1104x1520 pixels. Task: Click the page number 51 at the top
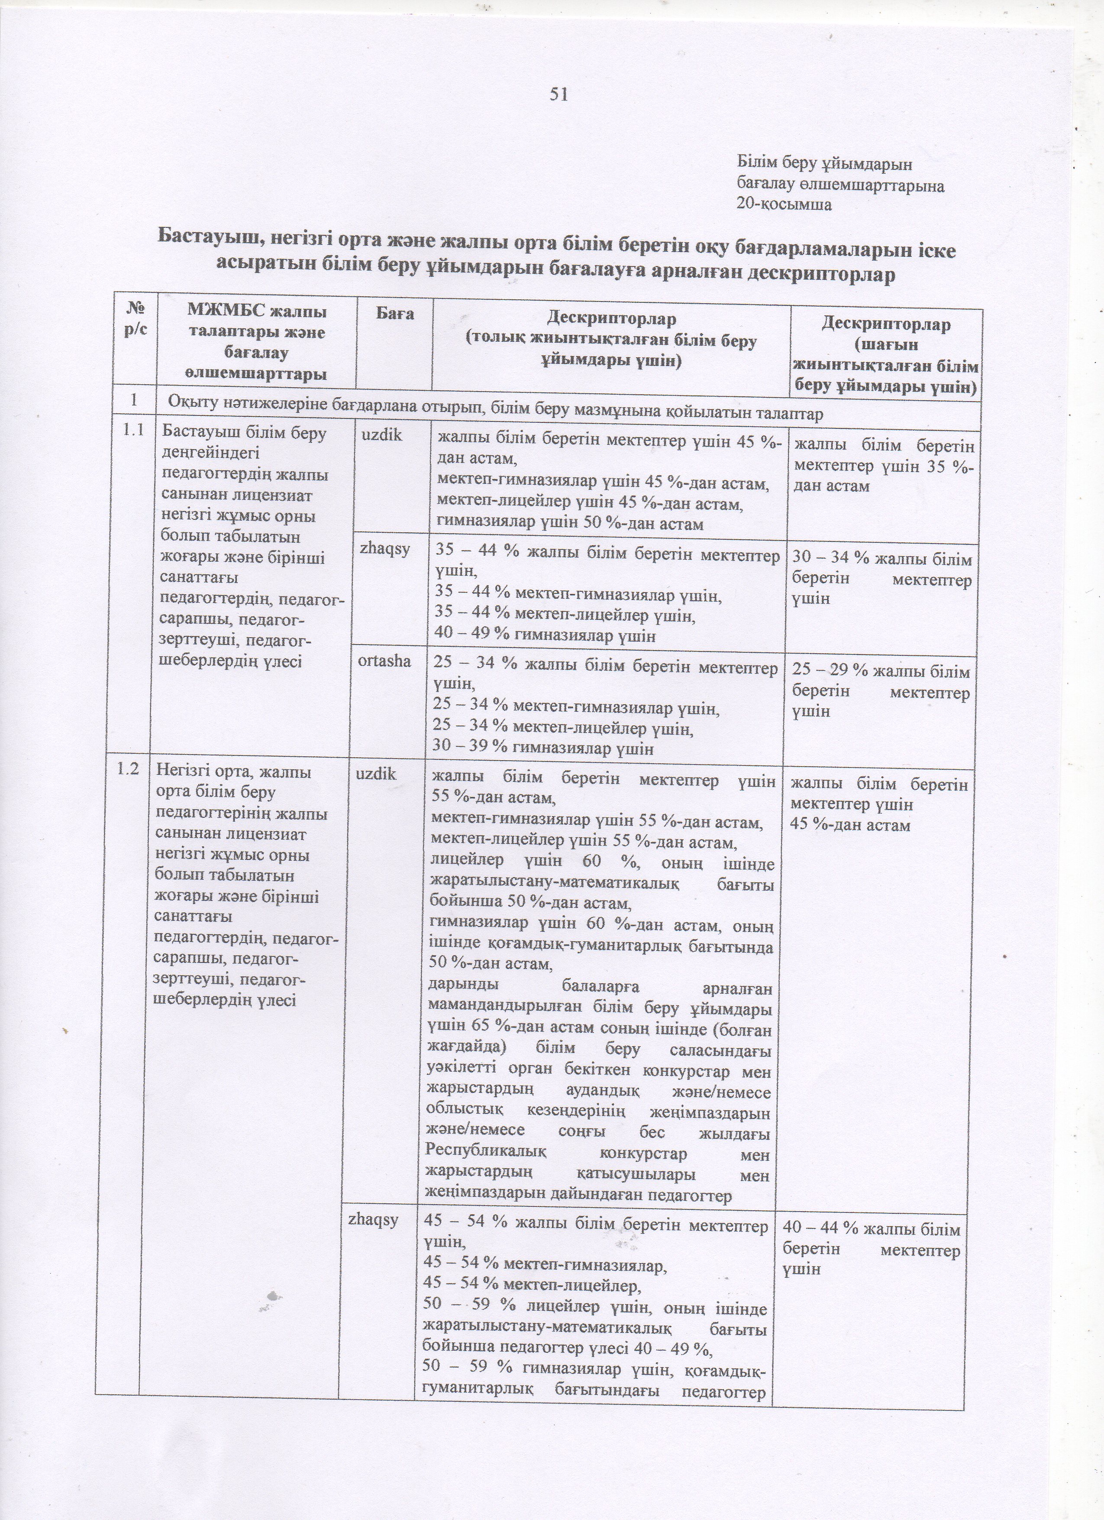tap(558, 94)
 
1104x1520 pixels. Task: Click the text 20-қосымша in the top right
tap(784, 205)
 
